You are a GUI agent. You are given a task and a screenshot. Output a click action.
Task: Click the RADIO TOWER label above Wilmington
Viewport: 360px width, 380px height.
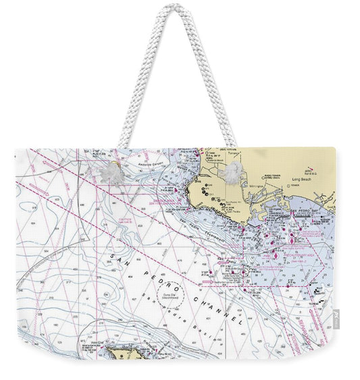coord(257,170)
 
